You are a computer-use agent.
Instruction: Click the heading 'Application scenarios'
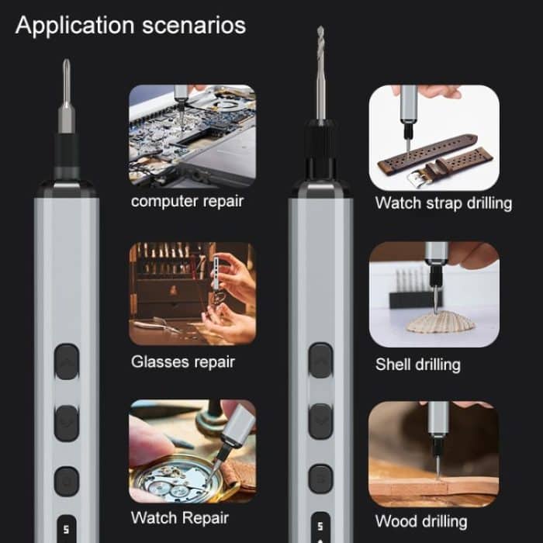point(130,25)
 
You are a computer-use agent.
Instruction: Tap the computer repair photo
point(192,136)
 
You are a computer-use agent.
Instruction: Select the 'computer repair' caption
point(187,202)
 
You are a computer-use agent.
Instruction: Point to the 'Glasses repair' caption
point(182,361)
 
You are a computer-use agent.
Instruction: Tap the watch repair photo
point(192,451)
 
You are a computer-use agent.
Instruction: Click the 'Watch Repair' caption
point(181,517)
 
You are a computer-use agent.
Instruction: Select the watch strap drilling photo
point(433,137)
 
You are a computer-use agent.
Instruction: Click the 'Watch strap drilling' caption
point(443,203)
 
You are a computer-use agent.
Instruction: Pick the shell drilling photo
point(433,294)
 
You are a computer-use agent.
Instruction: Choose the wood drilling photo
point(433,453)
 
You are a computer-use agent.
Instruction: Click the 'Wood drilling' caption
point(421,521)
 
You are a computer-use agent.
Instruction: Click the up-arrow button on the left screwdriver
point(67,361)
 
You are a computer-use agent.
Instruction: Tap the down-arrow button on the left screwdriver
point(67,423)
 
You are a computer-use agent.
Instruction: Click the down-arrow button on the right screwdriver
point(320,421)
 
